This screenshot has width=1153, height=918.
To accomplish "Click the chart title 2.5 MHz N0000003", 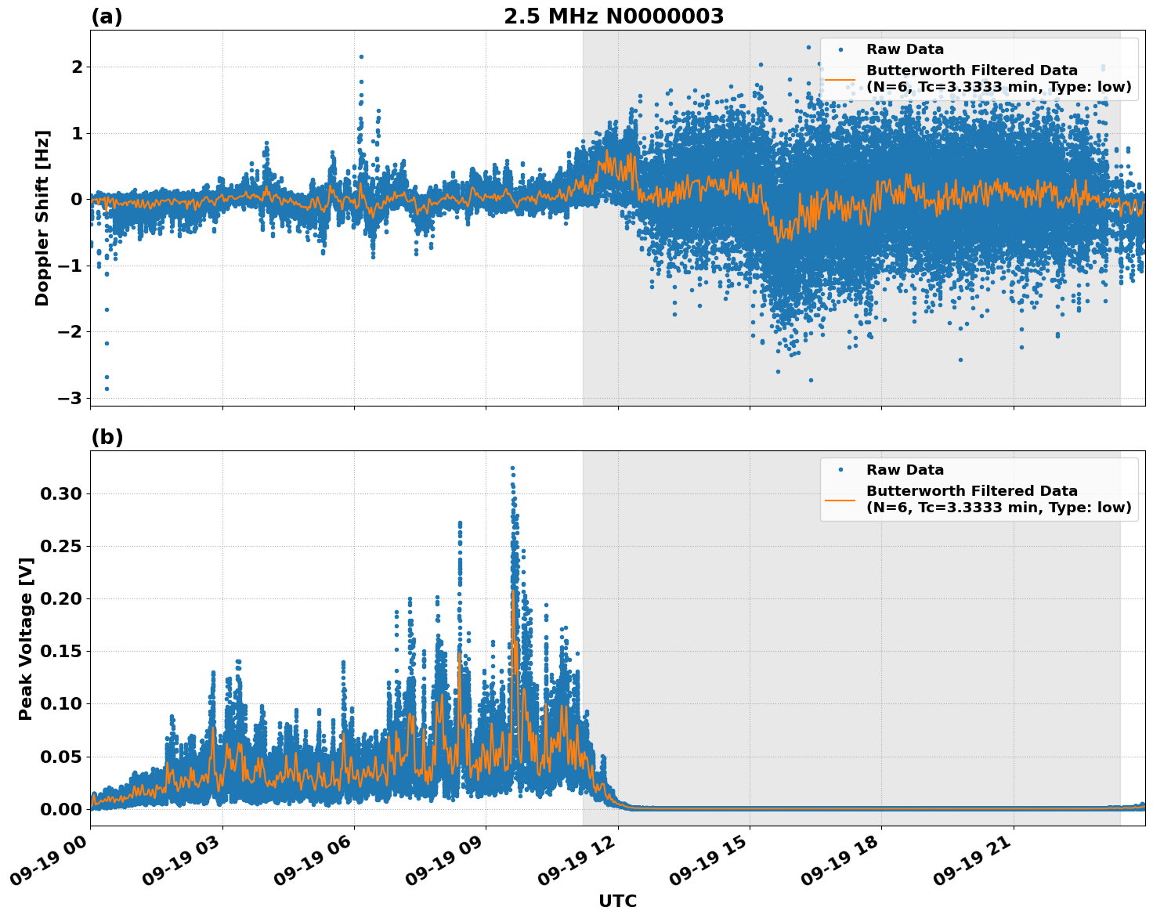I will (613, 16).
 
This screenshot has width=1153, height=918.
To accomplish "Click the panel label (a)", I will (107, 16).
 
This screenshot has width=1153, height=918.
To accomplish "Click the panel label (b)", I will (107, 437).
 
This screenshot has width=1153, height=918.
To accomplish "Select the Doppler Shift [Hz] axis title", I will (42, 218).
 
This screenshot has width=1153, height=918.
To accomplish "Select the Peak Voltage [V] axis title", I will (26, 638).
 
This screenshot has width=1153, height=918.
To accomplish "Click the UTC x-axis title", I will (617, 901).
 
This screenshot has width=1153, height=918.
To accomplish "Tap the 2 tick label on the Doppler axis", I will (77, 67).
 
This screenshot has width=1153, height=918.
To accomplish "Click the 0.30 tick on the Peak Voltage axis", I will (61, 493).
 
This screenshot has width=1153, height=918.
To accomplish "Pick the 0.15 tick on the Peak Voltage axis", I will (61, 651).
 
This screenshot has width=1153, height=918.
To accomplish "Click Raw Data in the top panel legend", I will (905, 49).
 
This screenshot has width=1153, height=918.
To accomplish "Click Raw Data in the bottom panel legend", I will (905, 470).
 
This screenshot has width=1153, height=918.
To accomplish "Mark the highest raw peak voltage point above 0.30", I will (512, 468).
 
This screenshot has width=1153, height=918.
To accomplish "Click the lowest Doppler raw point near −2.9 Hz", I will (107, 389).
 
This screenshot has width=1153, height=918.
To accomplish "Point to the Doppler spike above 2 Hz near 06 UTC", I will (361, 56).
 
